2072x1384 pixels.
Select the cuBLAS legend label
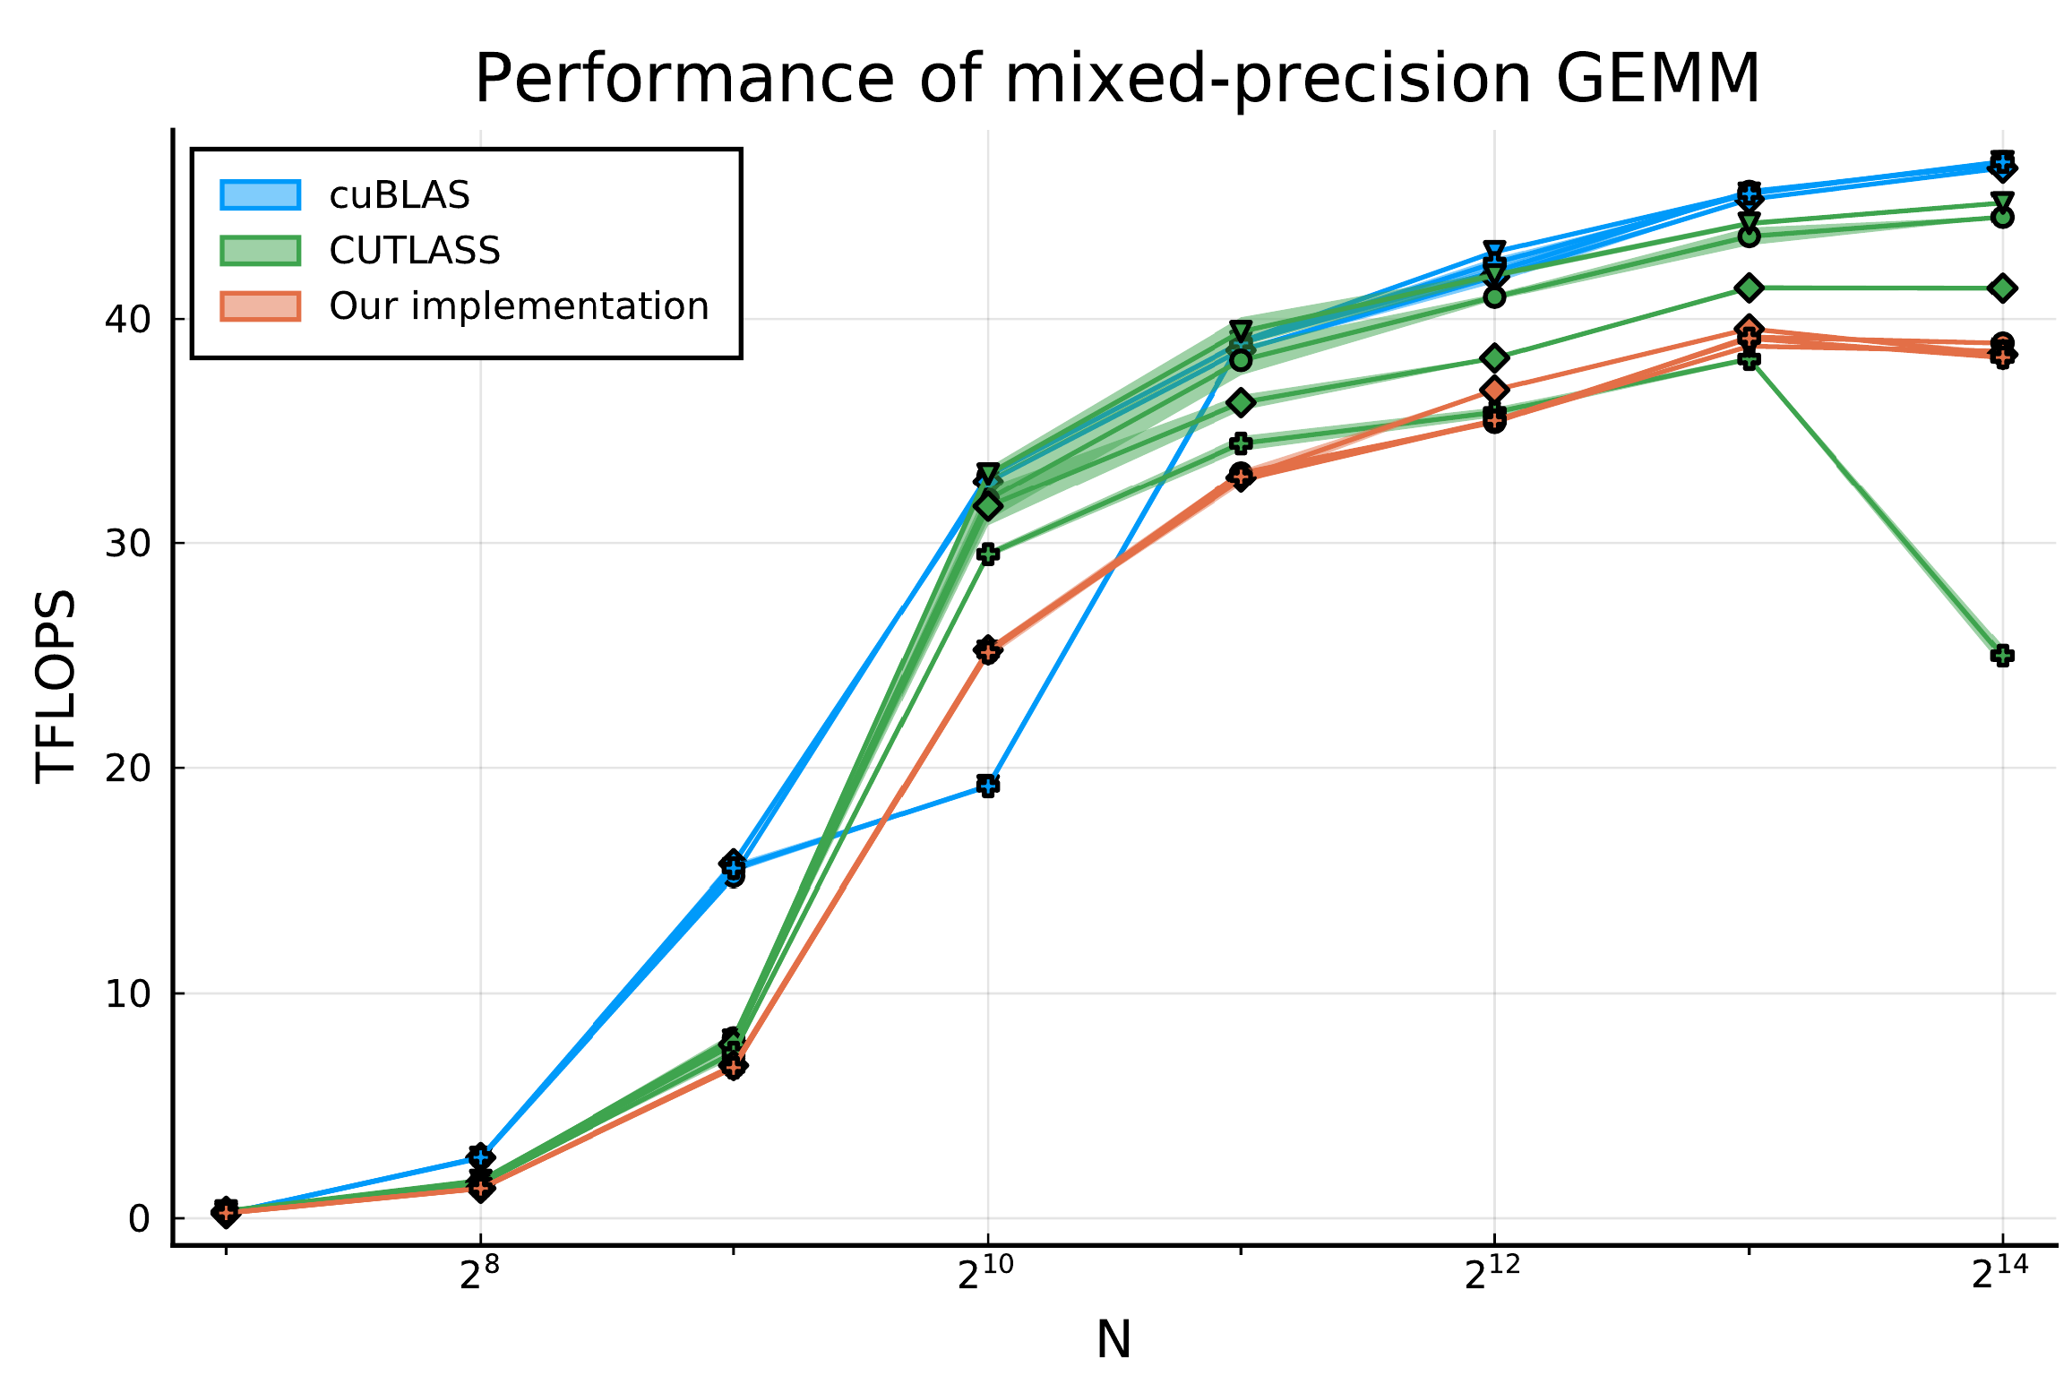[400, 195]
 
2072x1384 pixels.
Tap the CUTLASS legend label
[414, 251]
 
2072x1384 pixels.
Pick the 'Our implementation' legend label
[519, 306]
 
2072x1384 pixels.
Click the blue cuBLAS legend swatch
[261, 195]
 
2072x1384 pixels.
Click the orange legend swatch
[261, 306]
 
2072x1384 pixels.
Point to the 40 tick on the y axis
[126, 319]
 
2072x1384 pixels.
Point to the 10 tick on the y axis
[126, 993]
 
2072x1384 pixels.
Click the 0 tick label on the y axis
[139, 1218]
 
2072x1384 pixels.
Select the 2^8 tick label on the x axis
[480, 1299]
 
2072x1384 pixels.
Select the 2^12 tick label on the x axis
[1493, 1299]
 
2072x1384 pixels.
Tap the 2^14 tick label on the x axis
[2000, 1299]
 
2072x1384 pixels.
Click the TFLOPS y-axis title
[56, 686]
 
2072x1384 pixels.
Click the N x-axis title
[1113, 1341]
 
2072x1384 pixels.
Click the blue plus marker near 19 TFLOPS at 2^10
[988, 786]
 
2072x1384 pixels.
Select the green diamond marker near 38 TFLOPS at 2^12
[1494, 358]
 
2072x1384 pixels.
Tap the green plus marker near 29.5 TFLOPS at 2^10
[988, 554]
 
